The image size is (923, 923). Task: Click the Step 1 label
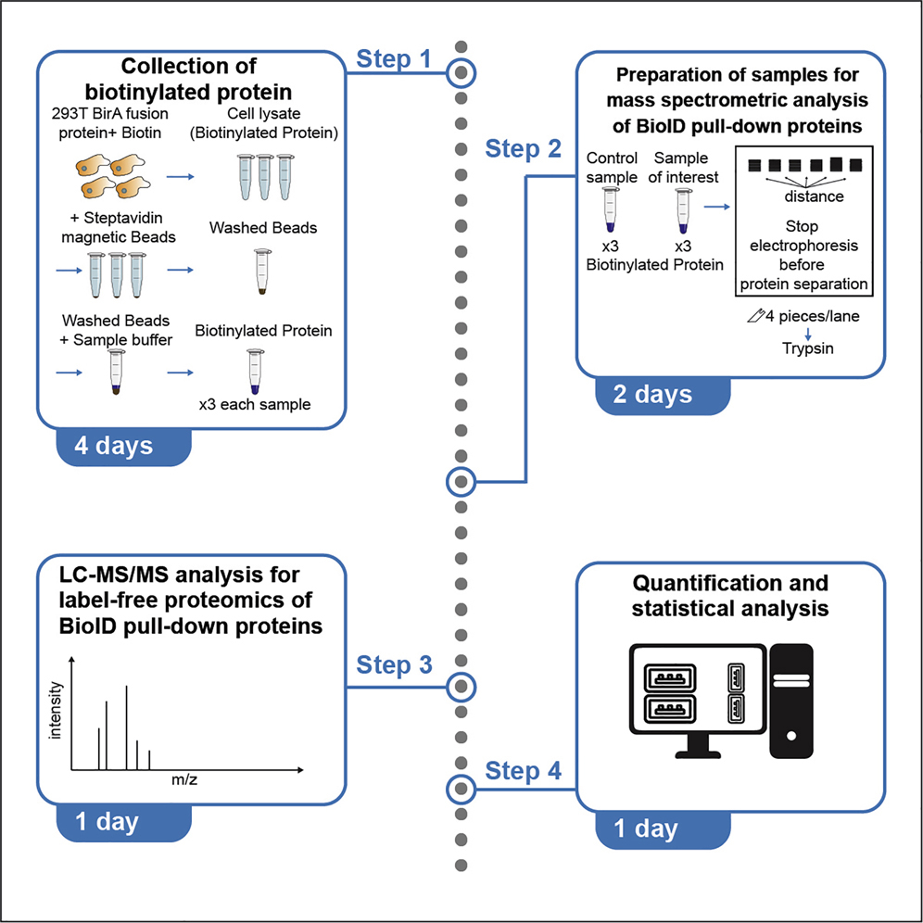(x=395, y=60)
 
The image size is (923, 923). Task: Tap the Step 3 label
(x=395, y=665)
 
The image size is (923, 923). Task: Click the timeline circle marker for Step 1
(x=461, y=71)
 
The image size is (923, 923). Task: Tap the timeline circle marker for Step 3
(x=461, y=687)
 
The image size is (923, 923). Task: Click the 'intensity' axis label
(x=56, y=709)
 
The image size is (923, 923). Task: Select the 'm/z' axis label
(x=184, y=781)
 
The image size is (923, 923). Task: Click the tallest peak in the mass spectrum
(x=126, y=727)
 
